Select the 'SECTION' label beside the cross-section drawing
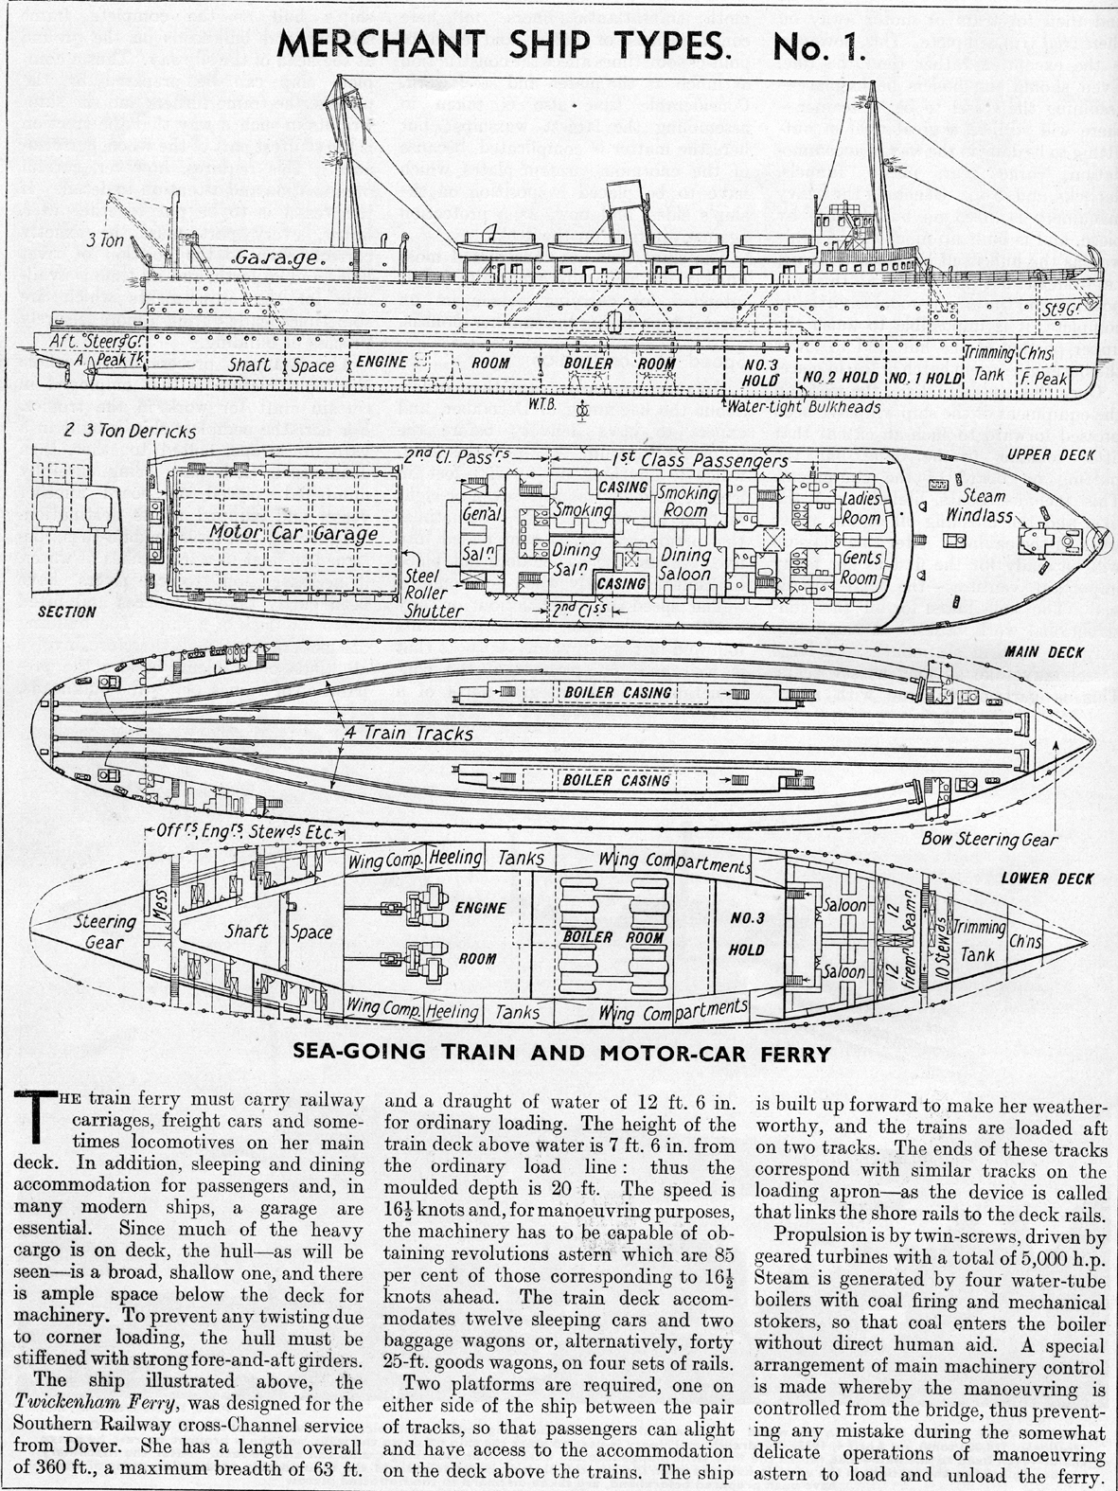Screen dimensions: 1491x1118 click(66, 612)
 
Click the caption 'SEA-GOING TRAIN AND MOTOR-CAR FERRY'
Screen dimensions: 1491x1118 click(562, 1051)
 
